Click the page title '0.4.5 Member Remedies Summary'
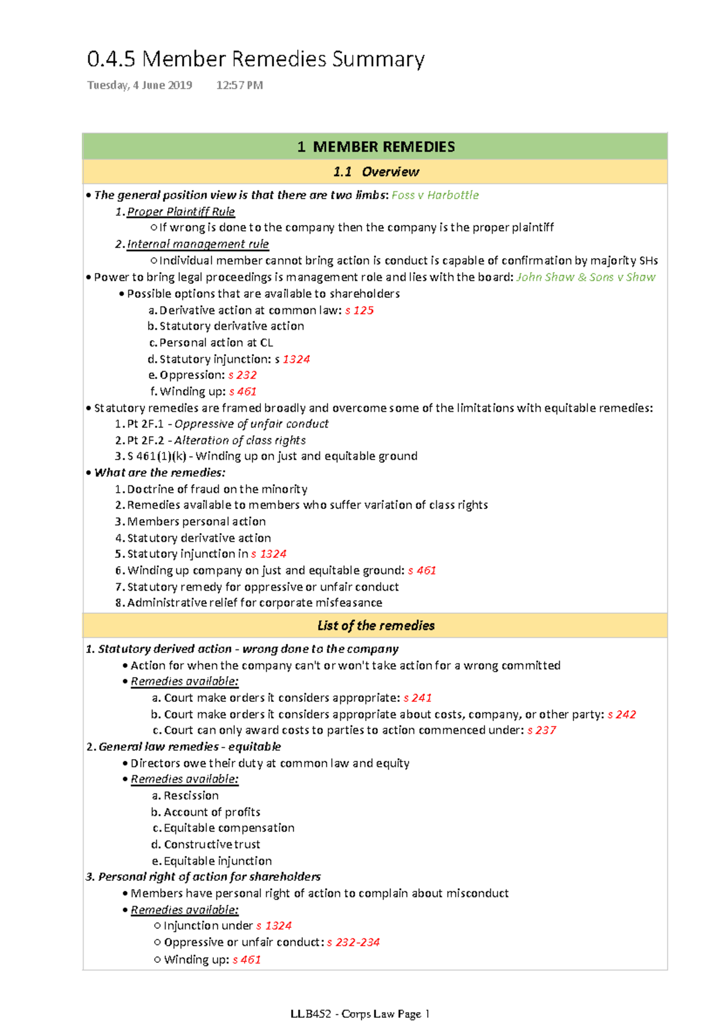[255, 59]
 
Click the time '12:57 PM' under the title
[239, 85]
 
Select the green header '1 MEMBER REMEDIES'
[375, 147]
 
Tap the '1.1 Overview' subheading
[375, 172]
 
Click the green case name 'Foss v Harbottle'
[435, 195]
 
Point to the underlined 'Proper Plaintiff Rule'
[181, 212]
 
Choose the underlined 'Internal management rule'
[198, 244]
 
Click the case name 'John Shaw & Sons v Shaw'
[586, 277]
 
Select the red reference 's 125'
[359, 311]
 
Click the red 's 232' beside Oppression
[242, 375]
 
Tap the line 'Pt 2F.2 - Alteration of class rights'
[216, 440]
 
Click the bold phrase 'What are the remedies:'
[160, 473]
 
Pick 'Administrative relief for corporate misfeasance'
[254, 603]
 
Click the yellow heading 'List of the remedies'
[375, 626]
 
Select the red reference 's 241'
[418, 698]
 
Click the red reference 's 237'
[542, 730]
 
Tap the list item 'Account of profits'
[211, 812]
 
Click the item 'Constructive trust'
[211, 845]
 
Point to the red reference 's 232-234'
[353, 942]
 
